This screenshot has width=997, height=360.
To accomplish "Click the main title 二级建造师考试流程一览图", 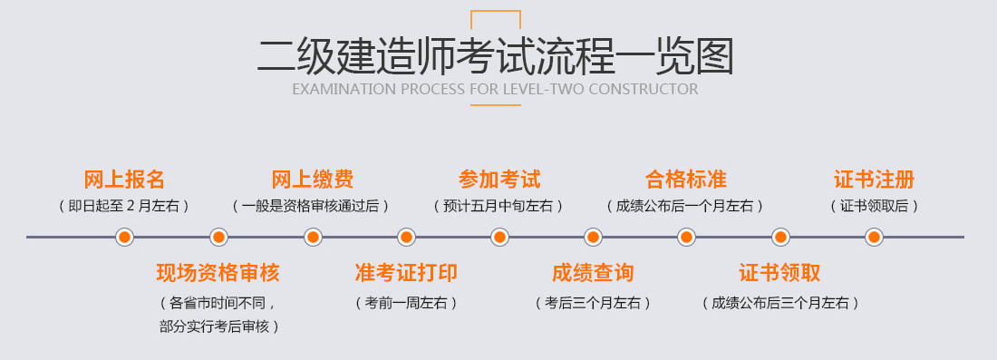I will (495, 55).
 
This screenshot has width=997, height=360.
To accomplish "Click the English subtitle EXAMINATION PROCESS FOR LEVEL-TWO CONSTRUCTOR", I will (495, 90).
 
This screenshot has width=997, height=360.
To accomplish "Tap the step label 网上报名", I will (124, 179).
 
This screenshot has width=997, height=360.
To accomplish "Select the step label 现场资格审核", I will (218, 272).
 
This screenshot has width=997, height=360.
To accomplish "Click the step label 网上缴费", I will (312, 179).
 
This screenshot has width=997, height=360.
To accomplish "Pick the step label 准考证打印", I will (406, 272).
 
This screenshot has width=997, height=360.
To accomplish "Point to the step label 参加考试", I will (499, 179).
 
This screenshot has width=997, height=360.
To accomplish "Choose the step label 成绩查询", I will (593, 272).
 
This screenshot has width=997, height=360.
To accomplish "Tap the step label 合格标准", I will (686, 179).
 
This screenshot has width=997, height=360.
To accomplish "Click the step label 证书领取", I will (780, 272).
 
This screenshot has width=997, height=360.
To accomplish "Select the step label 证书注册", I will (874, 179).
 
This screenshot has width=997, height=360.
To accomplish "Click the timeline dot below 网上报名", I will (125, 238).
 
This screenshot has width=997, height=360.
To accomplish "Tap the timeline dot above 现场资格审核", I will (218, 238).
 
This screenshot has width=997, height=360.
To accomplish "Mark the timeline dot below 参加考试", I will (499, 238).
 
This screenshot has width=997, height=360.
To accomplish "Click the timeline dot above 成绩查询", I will (593, 238).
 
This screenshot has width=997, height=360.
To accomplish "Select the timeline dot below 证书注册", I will (874, 238).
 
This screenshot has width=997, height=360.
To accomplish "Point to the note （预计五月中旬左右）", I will (499, 206).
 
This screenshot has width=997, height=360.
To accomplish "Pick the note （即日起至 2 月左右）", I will (124, 206).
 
